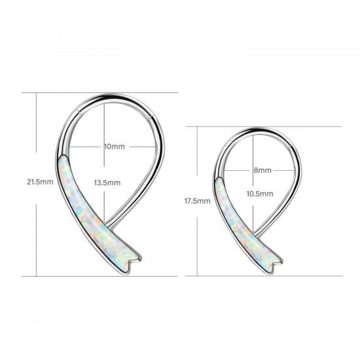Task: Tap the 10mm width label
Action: pyautogui.click(x=114, y=147)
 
